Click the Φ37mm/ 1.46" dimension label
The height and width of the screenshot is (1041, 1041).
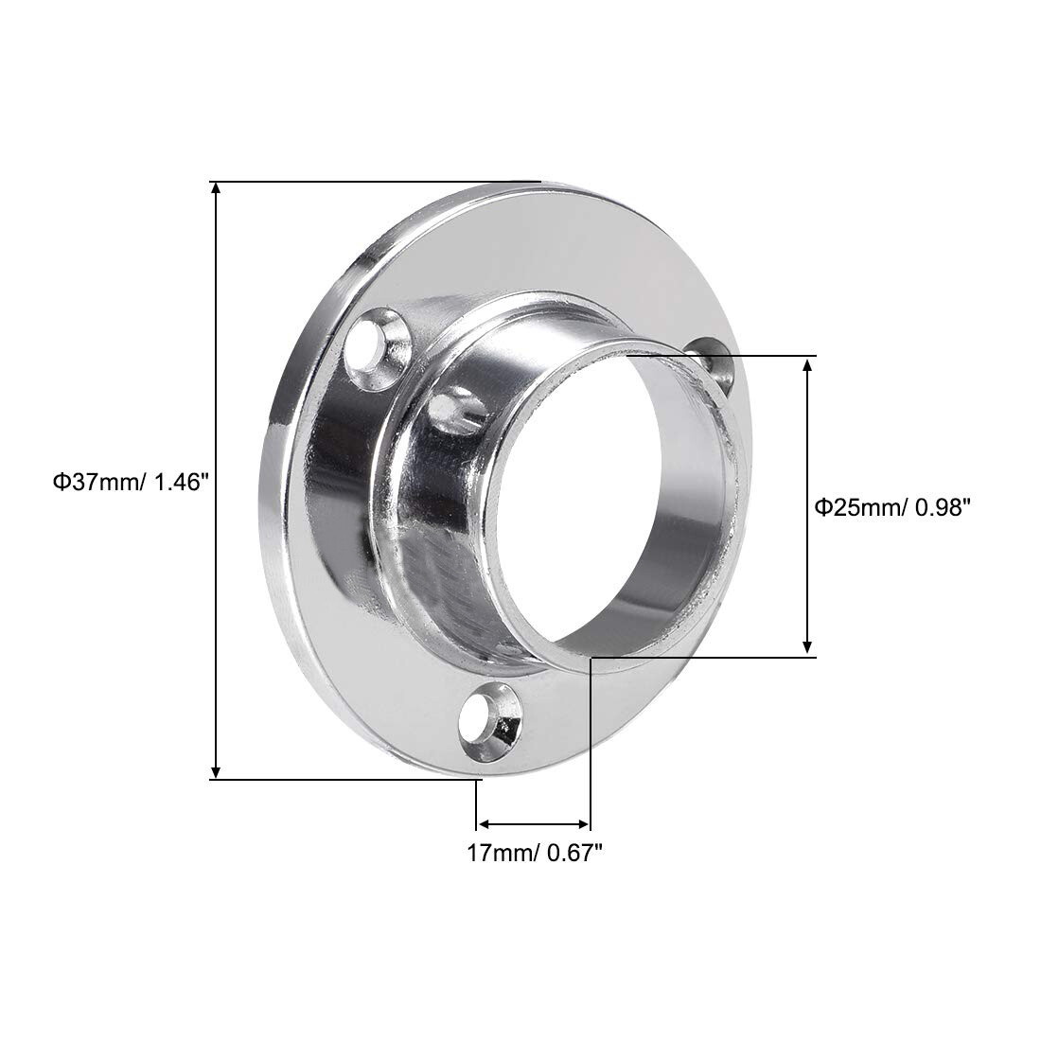point(130,483)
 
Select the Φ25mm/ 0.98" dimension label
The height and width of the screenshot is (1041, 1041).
point(893,507)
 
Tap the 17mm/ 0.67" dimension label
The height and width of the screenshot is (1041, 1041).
point(535,853)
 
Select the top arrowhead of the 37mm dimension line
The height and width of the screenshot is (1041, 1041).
point(218,188)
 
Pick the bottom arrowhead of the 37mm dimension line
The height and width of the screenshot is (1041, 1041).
point(218,771)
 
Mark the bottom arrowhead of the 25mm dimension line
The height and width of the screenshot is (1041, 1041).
point(807,645)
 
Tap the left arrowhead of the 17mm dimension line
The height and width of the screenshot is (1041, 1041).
point(482,823)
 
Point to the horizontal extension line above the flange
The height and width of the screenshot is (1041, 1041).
point(379,181)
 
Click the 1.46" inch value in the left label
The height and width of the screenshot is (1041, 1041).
point(176,483)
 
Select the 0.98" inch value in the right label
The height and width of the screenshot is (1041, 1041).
point(941,507)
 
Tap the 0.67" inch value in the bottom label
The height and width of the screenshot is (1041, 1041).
point(573,853)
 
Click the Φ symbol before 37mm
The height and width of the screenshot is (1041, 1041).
point(60,483)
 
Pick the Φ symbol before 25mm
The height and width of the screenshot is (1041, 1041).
point(823,507)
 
